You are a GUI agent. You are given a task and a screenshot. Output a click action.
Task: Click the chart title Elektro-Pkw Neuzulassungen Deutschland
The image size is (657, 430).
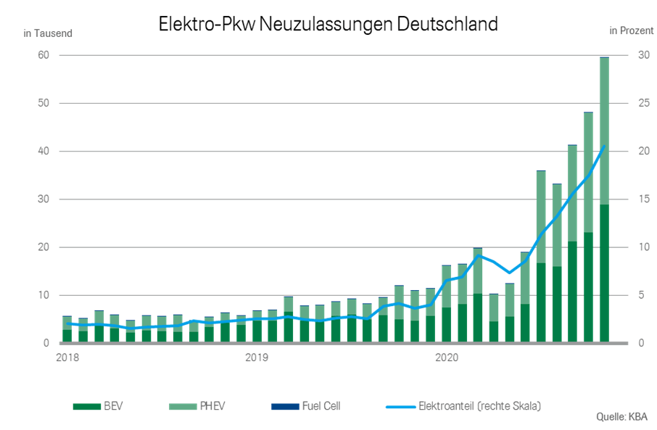point(328,24)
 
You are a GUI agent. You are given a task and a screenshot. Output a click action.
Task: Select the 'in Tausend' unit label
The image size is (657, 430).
point(49,33)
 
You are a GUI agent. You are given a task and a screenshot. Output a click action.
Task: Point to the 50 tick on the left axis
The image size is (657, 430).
point(43,104)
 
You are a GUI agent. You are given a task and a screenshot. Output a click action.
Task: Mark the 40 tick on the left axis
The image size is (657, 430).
point(43,152)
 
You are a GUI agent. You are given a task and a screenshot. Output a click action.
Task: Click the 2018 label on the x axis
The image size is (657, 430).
point(67,357)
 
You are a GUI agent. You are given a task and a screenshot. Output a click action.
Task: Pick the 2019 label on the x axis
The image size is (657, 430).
point(256,357)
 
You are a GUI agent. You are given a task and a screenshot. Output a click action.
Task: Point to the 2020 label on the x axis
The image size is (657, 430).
point(445,357)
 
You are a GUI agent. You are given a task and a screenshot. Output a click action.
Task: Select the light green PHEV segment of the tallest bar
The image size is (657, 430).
point(604,131)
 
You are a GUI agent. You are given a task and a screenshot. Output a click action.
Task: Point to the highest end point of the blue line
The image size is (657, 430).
point(604,146)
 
